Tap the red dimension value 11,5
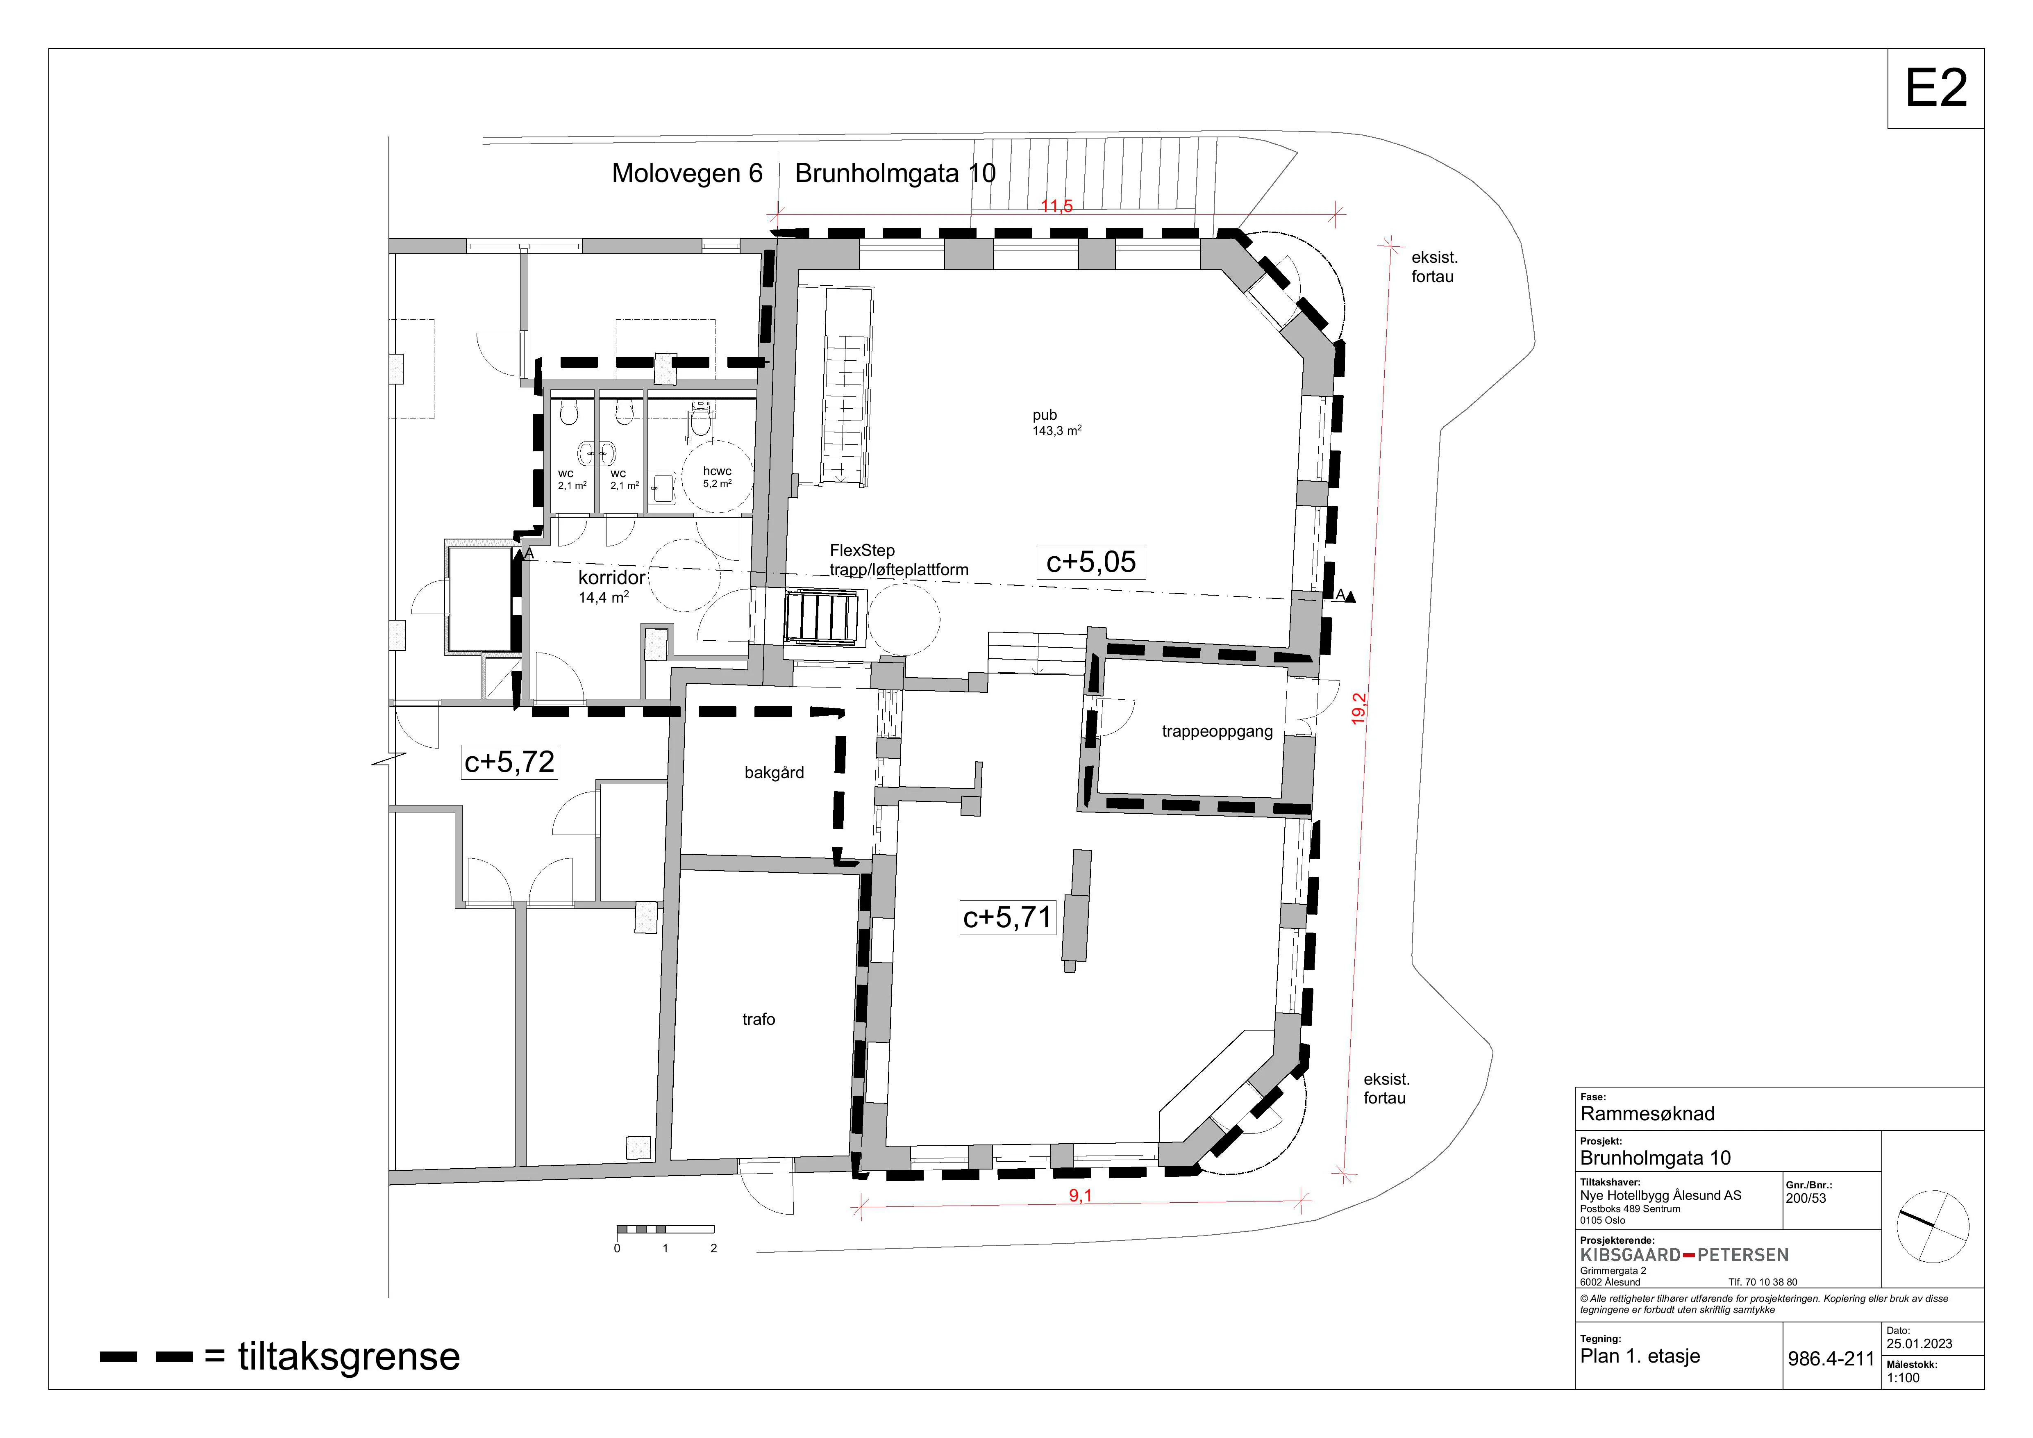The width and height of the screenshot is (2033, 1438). point(1056,206)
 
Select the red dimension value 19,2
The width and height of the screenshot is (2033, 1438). point(1359,708)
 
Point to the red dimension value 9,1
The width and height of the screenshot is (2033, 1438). point(1080,1196)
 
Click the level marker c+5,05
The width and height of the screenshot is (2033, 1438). point(1091,562)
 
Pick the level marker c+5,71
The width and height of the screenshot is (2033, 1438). point(1008,917)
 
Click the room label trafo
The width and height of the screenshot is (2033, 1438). point(759,1019)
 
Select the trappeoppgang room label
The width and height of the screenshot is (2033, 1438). point(1218,731)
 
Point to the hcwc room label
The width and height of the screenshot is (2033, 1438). point(717,471)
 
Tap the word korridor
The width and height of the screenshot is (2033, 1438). point(612,577)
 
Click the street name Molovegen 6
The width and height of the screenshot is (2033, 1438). point(687,173)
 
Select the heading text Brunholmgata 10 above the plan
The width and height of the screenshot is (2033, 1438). point(895,173)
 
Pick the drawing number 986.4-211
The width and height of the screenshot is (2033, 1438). point(1831,1358)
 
